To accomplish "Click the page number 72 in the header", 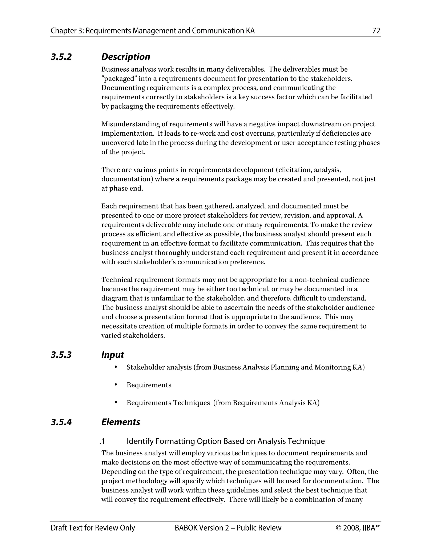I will tap(376, 31).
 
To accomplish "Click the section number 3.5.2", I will tap(61, 57).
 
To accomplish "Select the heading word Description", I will tap(126, 57).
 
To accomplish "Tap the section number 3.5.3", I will tap(61, 355).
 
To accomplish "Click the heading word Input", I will tap(113, 355).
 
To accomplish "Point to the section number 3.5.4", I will tap(61, 422).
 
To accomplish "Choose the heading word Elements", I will tap(121, 422).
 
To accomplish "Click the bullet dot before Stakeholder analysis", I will tap(116, 367).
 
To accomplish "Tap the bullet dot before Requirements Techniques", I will tap(116, 402).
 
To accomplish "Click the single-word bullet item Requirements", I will tap(149, 385).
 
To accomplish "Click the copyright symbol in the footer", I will tap(339, 528).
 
